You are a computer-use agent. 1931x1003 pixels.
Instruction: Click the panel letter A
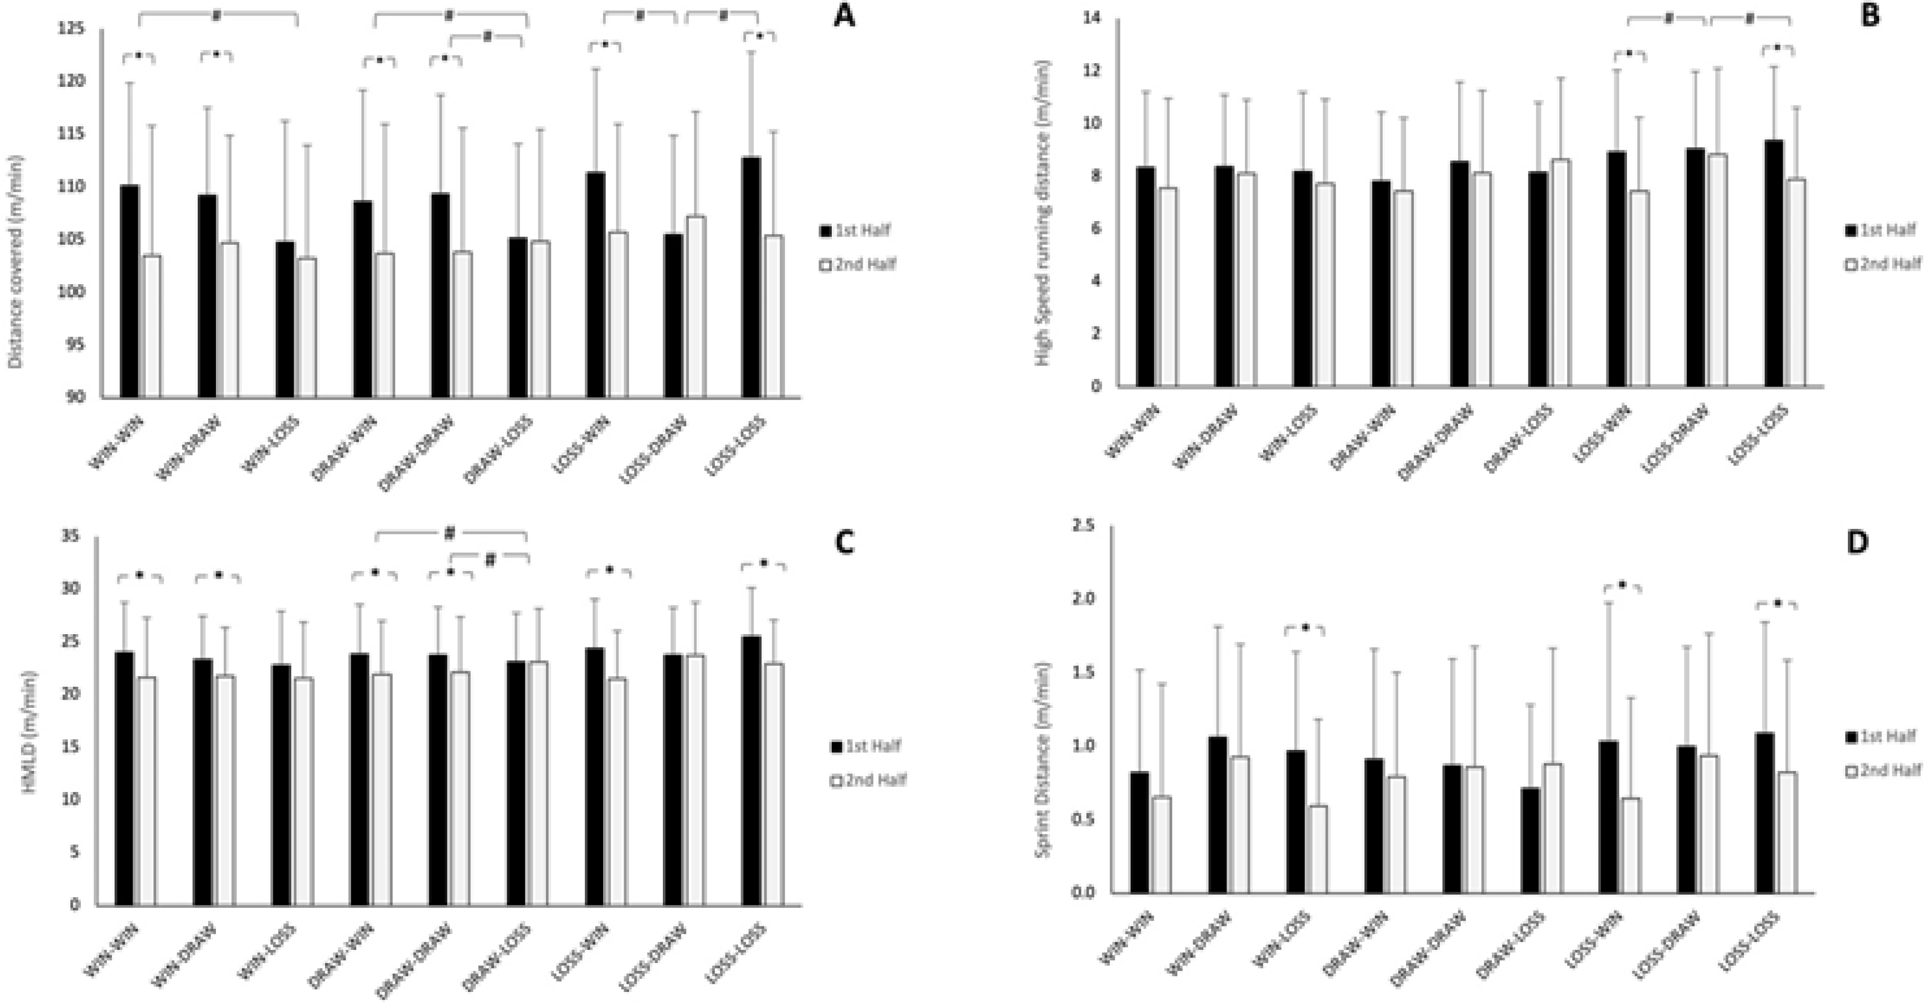pyautogui.click(x=844, y=17)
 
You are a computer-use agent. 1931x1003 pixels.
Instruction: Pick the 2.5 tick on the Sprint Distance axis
pyautogui.click(x=1084, y=526)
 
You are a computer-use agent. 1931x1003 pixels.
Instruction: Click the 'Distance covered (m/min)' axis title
pyautogui.click(x=17, y=263)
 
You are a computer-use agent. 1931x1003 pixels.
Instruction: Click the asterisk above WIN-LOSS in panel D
pyautogui.click(x=1305, y=628)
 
